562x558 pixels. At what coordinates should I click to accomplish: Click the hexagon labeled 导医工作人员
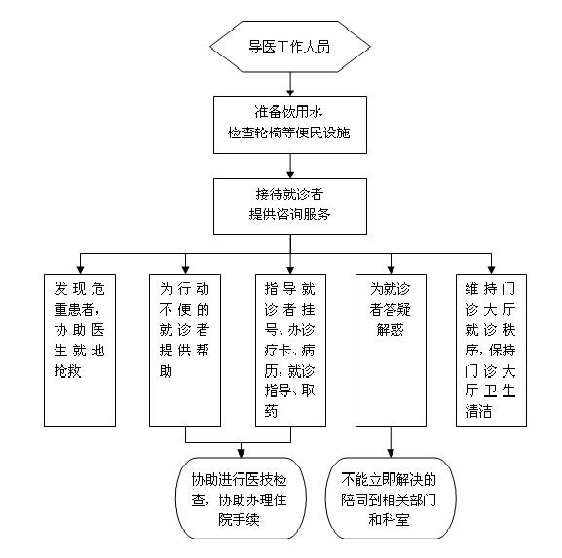coord(290,47)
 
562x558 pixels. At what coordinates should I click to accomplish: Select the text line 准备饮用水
coord(288,112)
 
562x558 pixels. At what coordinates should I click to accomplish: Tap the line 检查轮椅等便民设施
coord(288,132)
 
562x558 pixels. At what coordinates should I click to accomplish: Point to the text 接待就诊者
coord(289,194)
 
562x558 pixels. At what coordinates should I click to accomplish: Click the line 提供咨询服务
coord(289,214)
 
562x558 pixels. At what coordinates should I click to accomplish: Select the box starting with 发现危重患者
coord(80,351)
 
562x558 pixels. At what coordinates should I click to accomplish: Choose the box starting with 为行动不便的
coord(185,351)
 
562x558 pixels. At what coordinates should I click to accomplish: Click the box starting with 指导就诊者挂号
coord(290,351)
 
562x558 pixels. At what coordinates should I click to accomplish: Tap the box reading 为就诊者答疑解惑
coord(391,351)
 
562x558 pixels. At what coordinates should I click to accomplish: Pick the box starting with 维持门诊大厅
coord(492,351)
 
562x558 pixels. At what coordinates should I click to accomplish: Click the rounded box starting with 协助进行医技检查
coord(241,499)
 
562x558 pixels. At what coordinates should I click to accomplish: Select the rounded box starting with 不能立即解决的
coord(391,499)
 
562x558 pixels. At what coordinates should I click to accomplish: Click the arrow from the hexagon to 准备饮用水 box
coord(290,84)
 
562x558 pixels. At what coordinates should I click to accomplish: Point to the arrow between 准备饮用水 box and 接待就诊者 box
coord(290,166)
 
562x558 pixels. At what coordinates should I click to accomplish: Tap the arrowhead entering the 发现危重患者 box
coord(80,270)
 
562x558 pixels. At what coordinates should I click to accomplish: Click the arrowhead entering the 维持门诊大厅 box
coord(492,270)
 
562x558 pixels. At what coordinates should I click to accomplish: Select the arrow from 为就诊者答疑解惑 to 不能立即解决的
coord(391,442)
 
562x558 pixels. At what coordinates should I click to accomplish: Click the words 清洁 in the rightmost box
coord(478,411)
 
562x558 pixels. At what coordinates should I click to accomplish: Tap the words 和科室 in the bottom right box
coord(390,520)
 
